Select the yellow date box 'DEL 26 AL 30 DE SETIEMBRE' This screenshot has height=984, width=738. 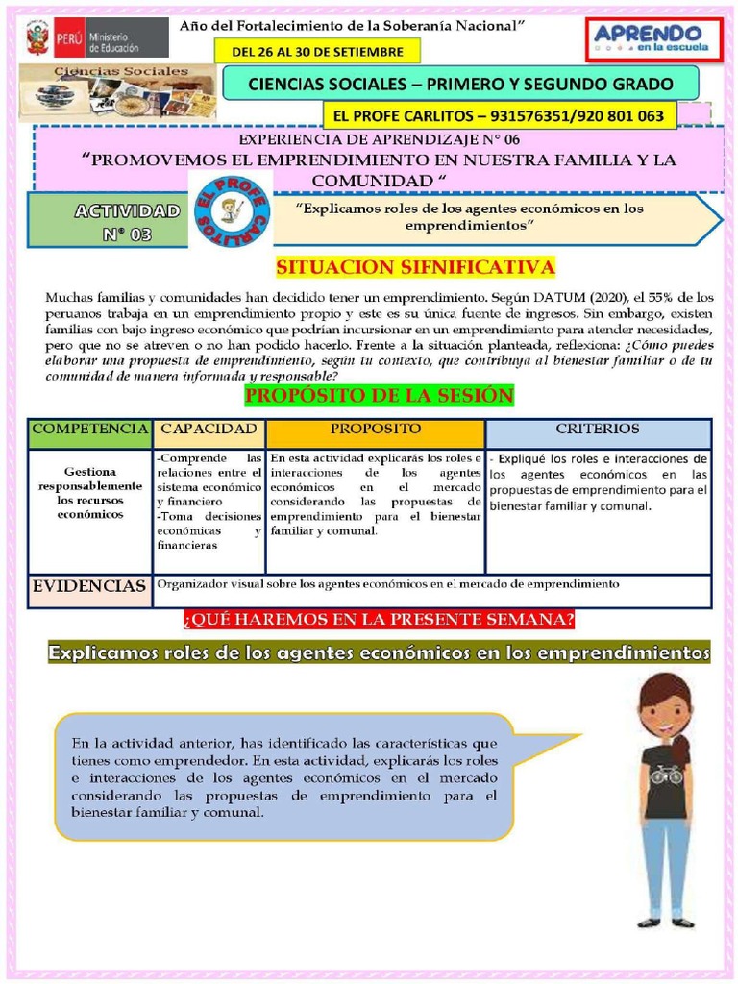316,52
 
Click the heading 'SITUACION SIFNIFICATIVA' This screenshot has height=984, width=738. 415,267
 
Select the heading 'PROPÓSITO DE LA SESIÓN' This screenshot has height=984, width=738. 380,396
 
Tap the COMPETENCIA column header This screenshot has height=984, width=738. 89,430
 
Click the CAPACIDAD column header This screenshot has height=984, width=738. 209,430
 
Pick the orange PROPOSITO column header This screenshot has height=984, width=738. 375,430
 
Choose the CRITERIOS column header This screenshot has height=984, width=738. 598,430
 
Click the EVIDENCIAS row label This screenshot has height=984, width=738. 89,586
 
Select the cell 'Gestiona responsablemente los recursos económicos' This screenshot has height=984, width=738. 89,493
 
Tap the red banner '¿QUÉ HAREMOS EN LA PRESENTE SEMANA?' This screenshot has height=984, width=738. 379,620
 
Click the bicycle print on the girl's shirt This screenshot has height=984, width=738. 665,774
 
